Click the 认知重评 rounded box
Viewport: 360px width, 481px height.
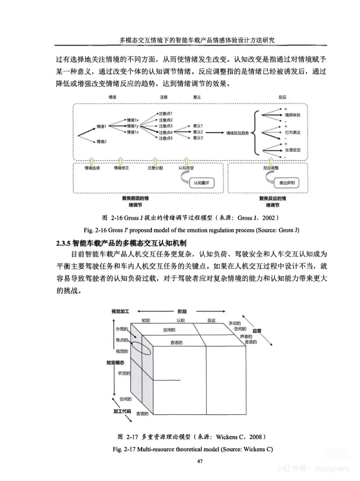click(x=202, y=183)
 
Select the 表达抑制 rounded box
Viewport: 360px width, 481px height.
click(x=287, y=183)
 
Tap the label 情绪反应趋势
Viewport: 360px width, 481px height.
click(x=237, y=133)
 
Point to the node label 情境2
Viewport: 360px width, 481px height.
click(x=102, y=142)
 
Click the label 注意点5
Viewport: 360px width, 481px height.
click(x=166, y=138)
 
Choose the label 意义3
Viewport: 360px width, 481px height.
click(x=198, y=138)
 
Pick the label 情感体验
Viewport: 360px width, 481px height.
click(x=292, y=115)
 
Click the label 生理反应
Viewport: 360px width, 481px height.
click(x=292, y=150)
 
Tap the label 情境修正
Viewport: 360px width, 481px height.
click(x=121, y=168)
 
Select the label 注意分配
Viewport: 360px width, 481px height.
click(x=155, y=168)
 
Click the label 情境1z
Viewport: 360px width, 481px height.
click(x=133, y=132)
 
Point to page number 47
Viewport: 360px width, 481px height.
click(x=200, y=461)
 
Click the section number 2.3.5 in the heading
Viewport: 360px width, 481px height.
click(x=63, y=243)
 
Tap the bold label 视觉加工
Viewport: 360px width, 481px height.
click(x=120, y=312)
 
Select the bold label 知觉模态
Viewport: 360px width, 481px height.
click(x=115, y=363)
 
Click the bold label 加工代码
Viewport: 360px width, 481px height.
click(x=122, y=411)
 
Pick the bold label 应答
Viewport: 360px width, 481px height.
click(x=257, y=331)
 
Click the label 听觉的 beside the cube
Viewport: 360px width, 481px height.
click(x=124, y=373)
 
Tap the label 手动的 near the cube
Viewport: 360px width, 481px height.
click(x=235, y=323)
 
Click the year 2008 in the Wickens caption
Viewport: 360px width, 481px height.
click(x=256, y=437)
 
